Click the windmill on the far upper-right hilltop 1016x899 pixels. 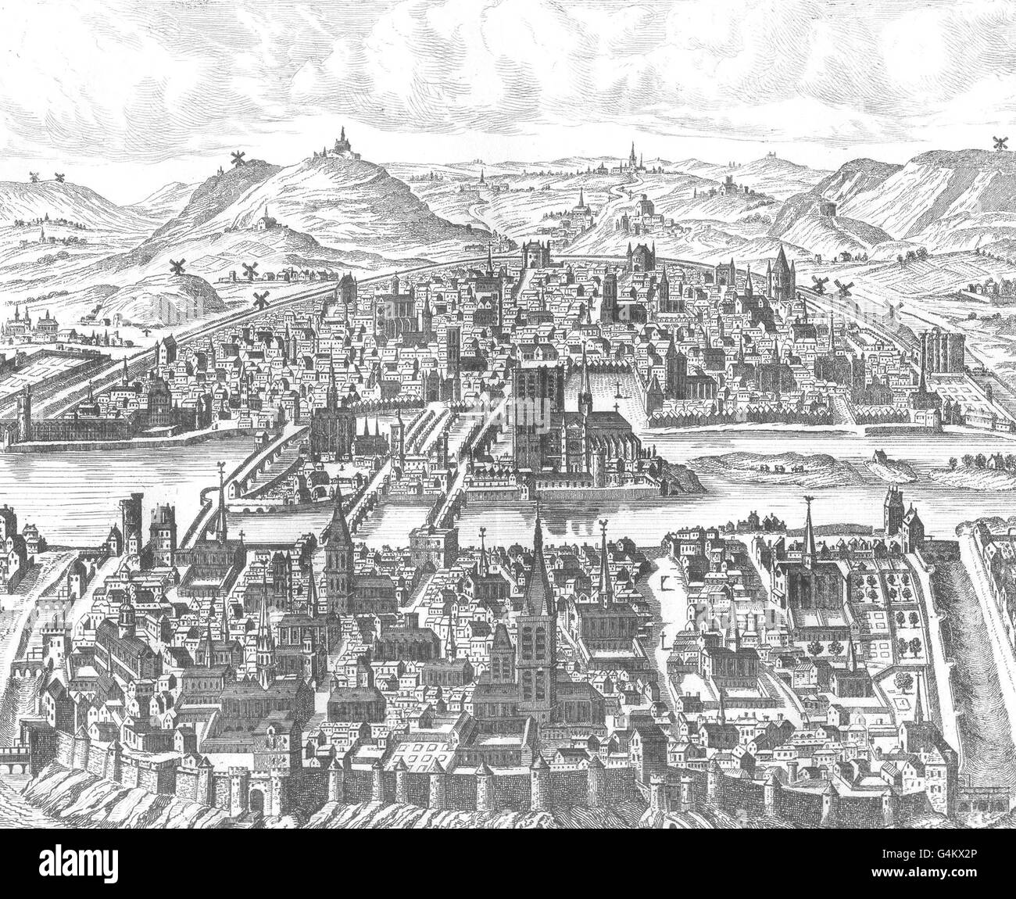point(999,143)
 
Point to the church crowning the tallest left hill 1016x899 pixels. point(341,141)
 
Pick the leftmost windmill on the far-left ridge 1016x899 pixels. point(34,177)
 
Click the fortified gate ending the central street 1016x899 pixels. point(535,257)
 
